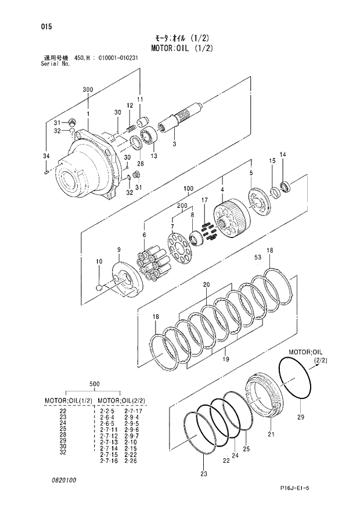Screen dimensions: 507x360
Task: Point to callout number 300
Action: (88, 89)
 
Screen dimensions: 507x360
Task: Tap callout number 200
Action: (182, 206)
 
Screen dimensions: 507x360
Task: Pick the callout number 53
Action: (257, 256)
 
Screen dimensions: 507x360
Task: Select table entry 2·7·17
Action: (135, 411)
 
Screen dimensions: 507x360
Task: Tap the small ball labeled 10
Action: (100, 286)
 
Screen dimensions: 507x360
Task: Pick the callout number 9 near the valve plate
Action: (118, 250)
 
